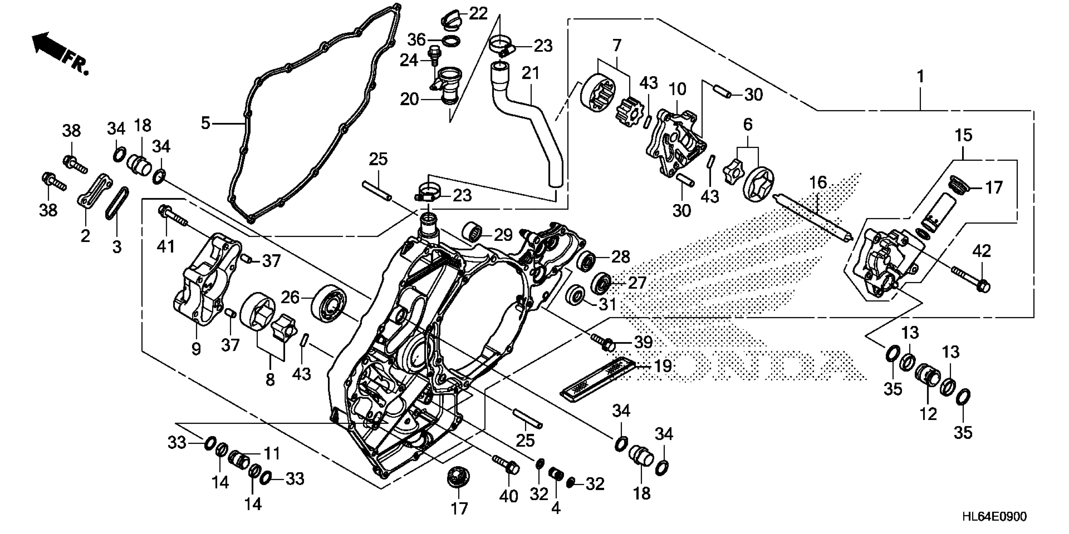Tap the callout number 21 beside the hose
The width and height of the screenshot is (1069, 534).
[531, 74]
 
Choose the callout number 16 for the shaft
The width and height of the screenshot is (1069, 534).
[818, 183]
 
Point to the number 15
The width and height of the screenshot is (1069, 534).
[964, 135]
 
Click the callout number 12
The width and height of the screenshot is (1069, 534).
[928, 414]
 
